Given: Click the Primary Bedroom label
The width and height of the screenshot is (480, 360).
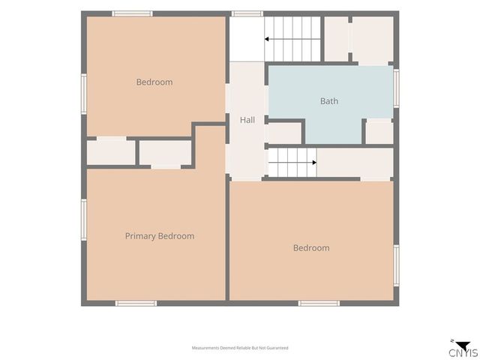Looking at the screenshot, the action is [160, 236].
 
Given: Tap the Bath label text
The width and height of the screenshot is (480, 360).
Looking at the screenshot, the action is [329, 101].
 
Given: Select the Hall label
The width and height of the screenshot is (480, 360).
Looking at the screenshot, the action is [247, 120].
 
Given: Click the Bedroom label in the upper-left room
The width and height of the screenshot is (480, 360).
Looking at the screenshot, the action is [154, 82].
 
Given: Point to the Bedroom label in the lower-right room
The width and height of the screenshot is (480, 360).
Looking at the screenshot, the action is [311, 247].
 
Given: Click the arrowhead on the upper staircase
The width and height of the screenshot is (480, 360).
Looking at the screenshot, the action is [267, 39].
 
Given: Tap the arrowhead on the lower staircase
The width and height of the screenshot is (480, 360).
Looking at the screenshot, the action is [314, 163].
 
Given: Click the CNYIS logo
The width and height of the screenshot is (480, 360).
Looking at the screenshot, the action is [463, 349].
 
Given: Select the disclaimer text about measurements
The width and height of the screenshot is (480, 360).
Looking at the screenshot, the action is [240, 348].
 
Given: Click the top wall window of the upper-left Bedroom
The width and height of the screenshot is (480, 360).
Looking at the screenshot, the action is [132, 13].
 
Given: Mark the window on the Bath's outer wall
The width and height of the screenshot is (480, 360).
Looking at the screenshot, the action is [396, 88].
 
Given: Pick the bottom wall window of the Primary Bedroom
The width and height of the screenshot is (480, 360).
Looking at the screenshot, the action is [136, 303].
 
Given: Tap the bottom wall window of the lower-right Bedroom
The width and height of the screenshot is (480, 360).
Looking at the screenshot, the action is [319, 303].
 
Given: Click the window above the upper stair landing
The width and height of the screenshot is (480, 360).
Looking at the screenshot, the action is [247, 13].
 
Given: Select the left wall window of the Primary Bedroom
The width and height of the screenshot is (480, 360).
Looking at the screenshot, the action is [84, 220].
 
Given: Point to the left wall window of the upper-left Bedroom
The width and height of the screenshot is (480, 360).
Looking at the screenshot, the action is [84, 94].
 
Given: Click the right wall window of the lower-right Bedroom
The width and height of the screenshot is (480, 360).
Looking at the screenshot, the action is [396, 265].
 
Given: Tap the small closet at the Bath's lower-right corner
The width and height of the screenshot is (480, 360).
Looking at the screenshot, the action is [379, 132].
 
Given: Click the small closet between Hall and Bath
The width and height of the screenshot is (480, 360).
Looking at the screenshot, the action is [285, 133].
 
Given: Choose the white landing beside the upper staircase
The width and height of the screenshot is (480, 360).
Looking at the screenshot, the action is [247, 39].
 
